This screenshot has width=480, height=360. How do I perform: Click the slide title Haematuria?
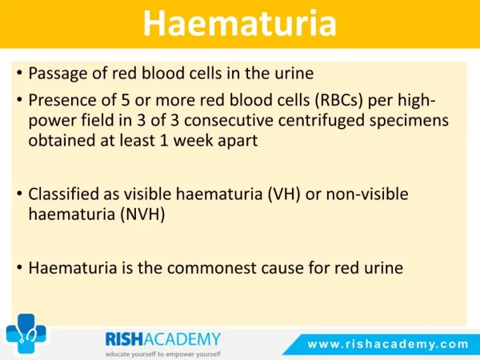tap(240, 24)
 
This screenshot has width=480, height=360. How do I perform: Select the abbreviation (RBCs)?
tap(339, 101)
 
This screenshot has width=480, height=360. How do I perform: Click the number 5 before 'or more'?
tap(126, 100)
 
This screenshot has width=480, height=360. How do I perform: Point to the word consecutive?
tap(229, 120)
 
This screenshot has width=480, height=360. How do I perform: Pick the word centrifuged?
tap(321, 121)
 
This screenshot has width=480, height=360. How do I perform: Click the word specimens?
tap(409, 121)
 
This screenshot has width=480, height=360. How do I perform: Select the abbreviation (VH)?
tap(284, 194)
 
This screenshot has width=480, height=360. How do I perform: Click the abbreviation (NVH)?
tap(142, 214)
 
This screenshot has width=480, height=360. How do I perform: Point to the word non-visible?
tap(367, 194)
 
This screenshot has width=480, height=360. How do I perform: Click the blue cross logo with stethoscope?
tap(26, 334)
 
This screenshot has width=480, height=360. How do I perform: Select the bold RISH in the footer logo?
tap(124, 339)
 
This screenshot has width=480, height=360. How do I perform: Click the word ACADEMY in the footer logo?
tap(182, 339)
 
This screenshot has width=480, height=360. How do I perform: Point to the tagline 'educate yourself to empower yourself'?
tap(163, 354)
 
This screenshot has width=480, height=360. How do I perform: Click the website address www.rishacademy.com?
tap(388, 344)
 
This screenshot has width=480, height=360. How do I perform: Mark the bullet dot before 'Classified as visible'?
tap(19, 194)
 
